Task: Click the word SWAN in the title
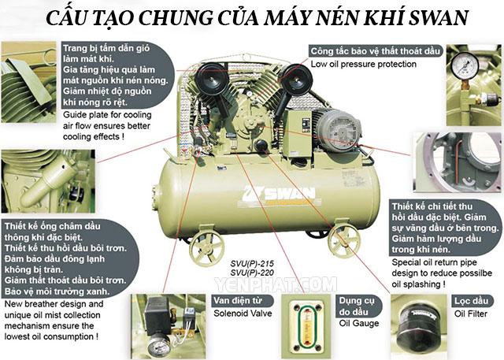[x=438, y=17]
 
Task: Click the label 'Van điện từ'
[x=238, y=301]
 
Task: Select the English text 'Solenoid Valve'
[x=243, y=314]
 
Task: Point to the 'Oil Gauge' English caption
[x=359, y=323]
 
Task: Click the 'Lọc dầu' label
[x=471, y=301]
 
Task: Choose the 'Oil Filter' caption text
[x=471, y=314]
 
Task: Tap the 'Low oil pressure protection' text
[x=363, y=65]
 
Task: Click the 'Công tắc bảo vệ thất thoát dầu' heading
[x=375, y=51]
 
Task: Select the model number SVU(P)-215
[x=252, y=264]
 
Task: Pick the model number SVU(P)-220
[x=252, y=273]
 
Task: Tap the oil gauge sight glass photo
[x=306, y=327]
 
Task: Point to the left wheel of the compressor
[x=207, y=247]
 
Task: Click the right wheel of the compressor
[x=343, y=239]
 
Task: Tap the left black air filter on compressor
[x=212, y=80]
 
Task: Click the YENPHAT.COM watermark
[x=276, y=285]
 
